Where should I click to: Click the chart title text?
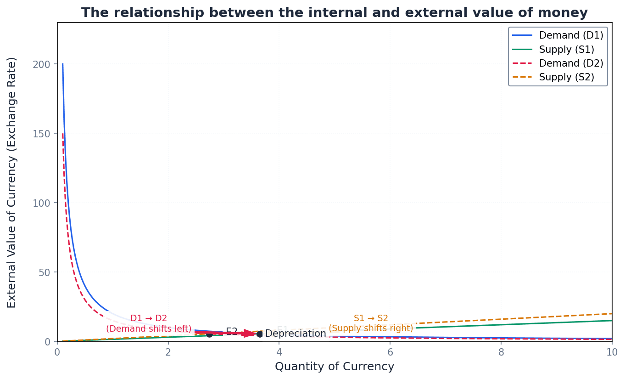pos(334,13)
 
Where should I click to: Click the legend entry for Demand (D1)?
pos(571,35)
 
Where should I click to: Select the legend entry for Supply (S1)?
pos(566,50)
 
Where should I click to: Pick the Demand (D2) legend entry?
pos(571,63)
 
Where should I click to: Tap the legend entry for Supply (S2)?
pos(566,78)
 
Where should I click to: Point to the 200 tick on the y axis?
pos(42,64)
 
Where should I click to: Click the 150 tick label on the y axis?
pos(42,134)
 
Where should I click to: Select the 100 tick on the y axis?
pos(42,203)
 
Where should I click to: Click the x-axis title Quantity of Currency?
pos(335,367)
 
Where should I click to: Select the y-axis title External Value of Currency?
pos(12,182)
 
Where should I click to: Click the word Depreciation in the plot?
pos(296,334)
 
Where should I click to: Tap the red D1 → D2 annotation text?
pos(149,318)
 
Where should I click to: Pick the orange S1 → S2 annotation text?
pos(371,318)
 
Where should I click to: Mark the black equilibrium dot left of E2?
pos(209,334)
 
